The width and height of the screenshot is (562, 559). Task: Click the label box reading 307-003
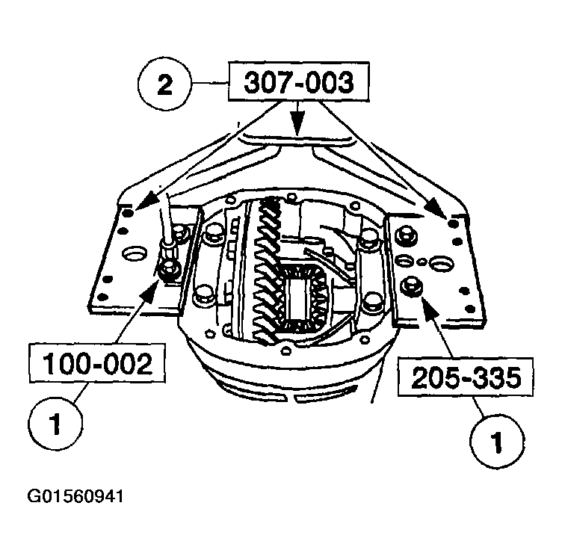click(x=298, y=82)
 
